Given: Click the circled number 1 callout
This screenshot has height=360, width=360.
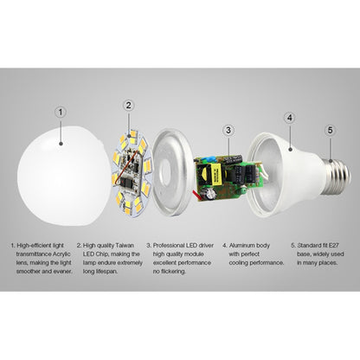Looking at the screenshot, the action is pyautogui.click(x=61, y=112).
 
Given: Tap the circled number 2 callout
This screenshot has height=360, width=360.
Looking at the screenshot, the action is pyautogui.click(x=129, y=106).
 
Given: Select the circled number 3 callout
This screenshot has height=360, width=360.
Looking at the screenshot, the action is pyautogui.click(x=228, y=130).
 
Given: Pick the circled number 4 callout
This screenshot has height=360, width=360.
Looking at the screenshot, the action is pyautogui.click(x=290, y=118).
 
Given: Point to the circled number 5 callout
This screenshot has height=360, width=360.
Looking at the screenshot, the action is pyautogui.click(x=331, y=130).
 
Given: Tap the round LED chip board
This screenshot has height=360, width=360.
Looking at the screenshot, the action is pyautogui.click(x=132, y=173).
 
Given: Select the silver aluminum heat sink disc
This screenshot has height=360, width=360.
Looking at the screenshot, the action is pyautogui.click(x=172, y=172).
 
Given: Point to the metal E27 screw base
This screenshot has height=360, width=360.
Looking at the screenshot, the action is pyautogui.click(x=338, y=177).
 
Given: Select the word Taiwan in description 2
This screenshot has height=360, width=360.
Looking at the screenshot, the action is pyautogui.click(x=125, y=246).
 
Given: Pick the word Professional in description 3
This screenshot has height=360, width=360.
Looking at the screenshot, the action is pyautogui.click(x=168, y=246).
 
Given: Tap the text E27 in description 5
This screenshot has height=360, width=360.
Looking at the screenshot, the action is pyautogui.click(x=334, y=246).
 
